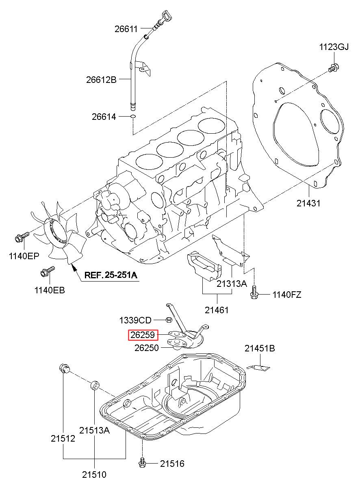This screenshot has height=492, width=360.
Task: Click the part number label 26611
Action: tap(126, 29)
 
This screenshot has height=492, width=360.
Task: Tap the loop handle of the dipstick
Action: tap(166, 16)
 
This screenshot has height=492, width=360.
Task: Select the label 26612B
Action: tap(101, 80)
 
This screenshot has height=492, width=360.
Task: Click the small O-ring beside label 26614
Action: tap(133, 116)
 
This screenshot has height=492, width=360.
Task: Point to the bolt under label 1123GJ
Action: tap(334, 67)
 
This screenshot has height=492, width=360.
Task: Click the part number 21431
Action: tap(308, 203)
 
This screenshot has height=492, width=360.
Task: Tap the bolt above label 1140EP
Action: tap(22, 236)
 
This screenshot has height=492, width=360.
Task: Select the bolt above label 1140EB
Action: tap(48, 271)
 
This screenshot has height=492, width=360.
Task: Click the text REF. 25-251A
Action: tap(111, 275)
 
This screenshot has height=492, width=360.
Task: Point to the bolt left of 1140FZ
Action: tap(254, 292)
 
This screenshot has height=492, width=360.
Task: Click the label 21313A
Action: tap(232, 284)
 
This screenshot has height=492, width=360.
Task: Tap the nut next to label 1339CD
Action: tap(169, 320)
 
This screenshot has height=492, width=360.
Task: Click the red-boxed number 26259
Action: tap(143, 335)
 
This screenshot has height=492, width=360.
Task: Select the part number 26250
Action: tap(146, 348)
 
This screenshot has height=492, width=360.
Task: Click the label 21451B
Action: tap(260, 348)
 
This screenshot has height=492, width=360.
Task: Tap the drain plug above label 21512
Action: tap(64, 368)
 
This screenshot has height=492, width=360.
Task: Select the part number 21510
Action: tap(94, 481)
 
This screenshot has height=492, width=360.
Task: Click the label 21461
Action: tap(217, 310)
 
